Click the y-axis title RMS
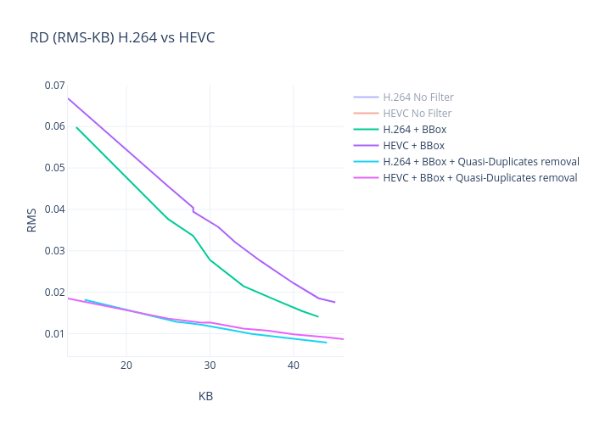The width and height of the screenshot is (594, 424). click(x=31, y=220)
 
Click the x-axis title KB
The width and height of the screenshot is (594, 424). click(x=205, y=396)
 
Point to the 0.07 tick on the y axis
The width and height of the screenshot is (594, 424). click(x=54, y=86)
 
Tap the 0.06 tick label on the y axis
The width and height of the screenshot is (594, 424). click(x=54, y=127)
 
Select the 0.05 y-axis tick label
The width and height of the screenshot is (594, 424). click(x=54, y=168)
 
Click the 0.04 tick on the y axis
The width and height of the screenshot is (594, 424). click(x=54, y=209)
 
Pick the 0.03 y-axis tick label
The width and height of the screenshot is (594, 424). click(x=54, y=251)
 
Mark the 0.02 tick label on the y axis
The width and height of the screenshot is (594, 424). click(x=54, y=293)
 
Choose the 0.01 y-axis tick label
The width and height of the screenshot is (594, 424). click(x=54, y=334)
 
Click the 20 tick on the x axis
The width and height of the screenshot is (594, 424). click(x=126, y=365)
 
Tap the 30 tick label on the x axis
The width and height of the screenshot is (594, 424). click(x=210, y=365)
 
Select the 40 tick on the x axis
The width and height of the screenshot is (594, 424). click(x=293, y=365)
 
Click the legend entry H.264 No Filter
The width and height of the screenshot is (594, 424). click(x=417, y=98)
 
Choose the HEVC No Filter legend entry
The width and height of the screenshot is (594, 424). click(x=417, y=114)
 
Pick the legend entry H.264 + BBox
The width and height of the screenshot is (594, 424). click(x=414, y=130)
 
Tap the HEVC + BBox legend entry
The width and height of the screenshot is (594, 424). click(x=413, y=146)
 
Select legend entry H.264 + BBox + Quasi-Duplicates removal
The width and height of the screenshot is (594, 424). click(x=480, y=162)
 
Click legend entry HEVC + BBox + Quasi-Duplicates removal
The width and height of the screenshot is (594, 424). click(x=479, y=178)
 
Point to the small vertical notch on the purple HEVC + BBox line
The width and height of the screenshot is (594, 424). click(x=193, y=209)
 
